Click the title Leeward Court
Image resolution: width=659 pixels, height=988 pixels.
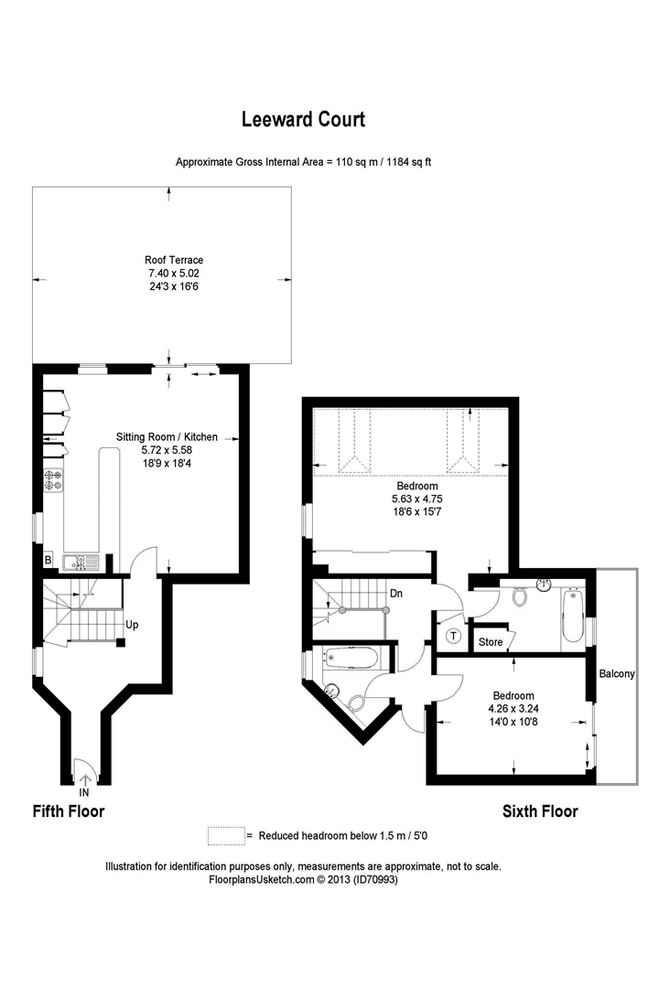pyautogui.click(x=303, y=119)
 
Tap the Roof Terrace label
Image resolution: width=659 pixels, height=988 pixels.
pyautogui.click(x=174, y=260)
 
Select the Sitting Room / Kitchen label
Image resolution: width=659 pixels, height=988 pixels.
pyautogui.click(x=167, y=436)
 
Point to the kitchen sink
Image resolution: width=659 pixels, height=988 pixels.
pyautogui.click(x=81, y=562)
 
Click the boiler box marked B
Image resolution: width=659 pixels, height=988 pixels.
pyautogui.click(x=48, y=560)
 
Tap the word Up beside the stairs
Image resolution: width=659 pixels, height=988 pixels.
pyautogui.click(x=132, y=625)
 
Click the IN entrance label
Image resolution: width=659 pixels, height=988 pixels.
pyautogui.click(x=84, y=792)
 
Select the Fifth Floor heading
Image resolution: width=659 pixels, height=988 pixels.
pyautogui.click(x=69, y=811)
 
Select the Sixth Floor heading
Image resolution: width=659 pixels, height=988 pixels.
pyautogui.click(x=540, y=811)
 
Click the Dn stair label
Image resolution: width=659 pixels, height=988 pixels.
pyautogui.click(x=396, y=594)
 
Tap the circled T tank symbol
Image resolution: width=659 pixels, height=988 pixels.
pyautogui.click(x=453, y=637)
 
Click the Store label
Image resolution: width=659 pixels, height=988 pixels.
pyautogui.click(x=491, y=642)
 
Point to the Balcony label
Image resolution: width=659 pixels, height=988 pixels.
pyautogui.click(x=617, y=673)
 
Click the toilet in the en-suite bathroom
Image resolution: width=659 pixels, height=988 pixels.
pyautogui.click(x=520, y=596)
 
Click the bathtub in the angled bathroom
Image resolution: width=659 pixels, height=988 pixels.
pyautogui.click(x=351, y=659)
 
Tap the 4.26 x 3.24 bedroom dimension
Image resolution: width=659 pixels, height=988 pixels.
pyautogui.click(x=513, y=708)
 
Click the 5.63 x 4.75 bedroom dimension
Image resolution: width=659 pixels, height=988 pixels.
pyautogui.click(x=416, y=499)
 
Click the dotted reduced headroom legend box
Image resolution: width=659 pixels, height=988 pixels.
pyautogui.click(x=226, y=835)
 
